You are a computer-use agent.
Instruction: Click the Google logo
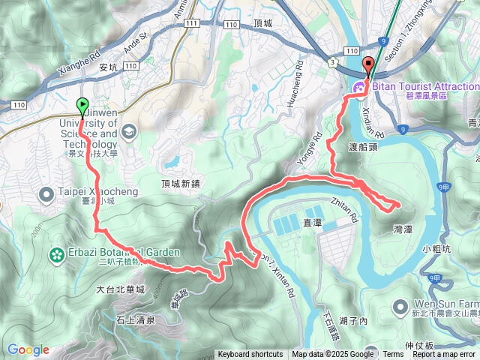click(28, 349)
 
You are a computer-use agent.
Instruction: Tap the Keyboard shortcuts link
click(250, 355)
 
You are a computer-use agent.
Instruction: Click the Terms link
click(393, 355)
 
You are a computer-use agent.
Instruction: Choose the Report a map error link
click(443, 355)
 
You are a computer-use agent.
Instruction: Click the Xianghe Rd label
click(79, 64)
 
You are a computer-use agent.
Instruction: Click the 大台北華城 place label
click(120, 289)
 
